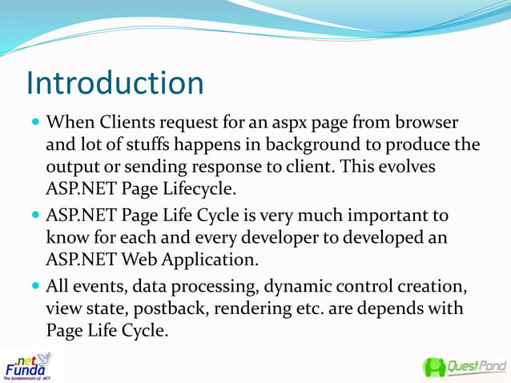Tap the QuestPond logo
click(x=465, y=368)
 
